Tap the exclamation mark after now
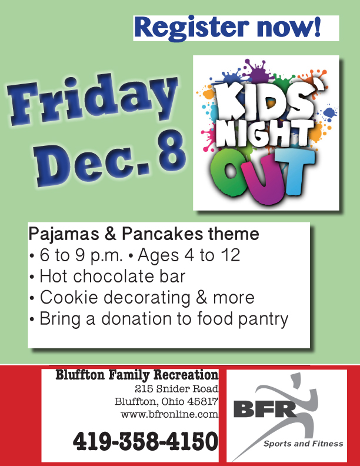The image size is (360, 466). point(317,26)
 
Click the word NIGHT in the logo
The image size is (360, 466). point(264,134)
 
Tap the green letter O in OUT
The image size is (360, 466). point(229,173)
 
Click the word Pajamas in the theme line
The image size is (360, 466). point(64,235)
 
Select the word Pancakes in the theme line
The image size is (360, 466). point(163,234)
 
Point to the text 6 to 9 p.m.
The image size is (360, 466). point(81,255)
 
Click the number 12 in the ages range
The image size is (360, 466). point(230,255)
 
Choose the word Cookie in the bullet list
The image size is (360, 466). point(69,298)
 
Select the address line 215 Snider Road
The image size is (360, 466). point(176,388)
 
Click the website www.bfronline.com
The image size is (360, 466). point(169,414)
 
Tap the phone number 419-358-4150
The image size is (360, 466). point(145,441)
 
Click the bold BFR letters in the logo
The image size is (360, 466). point(265,410)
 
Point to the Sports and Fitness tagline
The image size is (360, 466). point(304,444)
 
